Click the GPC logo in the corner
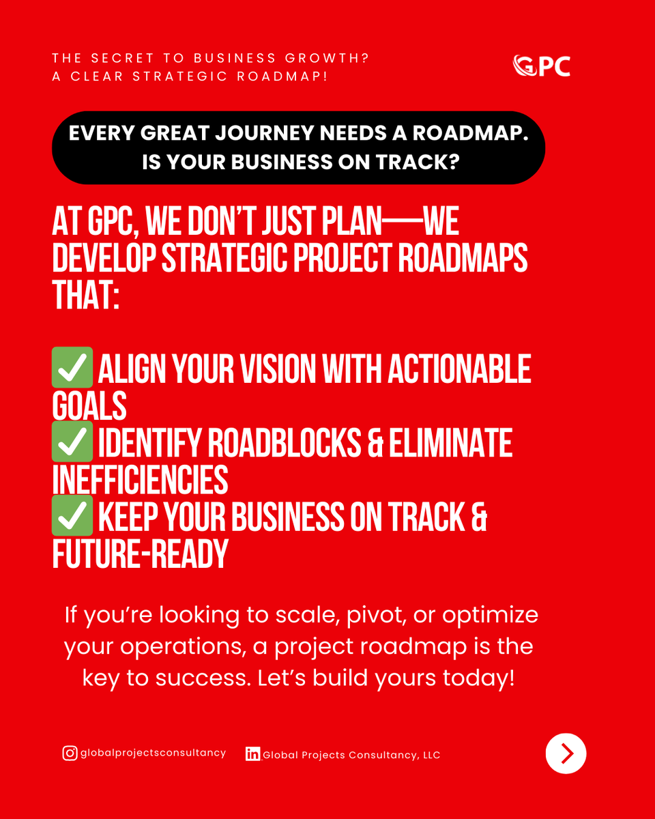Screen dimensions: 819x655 click(541, 66)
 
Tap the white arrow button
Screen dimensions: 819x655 click(566, 753)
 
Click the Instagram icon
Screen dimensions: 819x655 click(70, 753)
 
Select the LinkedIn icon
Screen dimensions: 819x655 click(253, 754)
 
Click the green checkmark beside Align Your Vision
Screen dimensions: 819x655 click(72, 369)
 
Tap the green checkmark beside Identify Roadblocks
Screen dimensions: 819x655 click(72, 443)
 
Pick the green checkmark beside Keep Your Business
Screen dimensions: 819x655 click(72, 517)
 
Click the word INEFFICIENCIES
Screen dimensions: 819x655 click(140, 480)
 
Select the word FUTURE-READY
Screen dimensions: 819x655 click(140, 554)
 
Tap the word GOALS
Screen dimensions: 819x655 click(89, 406)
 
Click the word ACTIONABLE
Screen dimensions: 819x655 click(459, 369)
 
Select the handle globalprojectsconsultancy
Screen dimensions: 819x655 click(153, 753)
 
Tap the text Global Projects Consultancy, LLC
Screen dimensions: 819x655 click(351, 755)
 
